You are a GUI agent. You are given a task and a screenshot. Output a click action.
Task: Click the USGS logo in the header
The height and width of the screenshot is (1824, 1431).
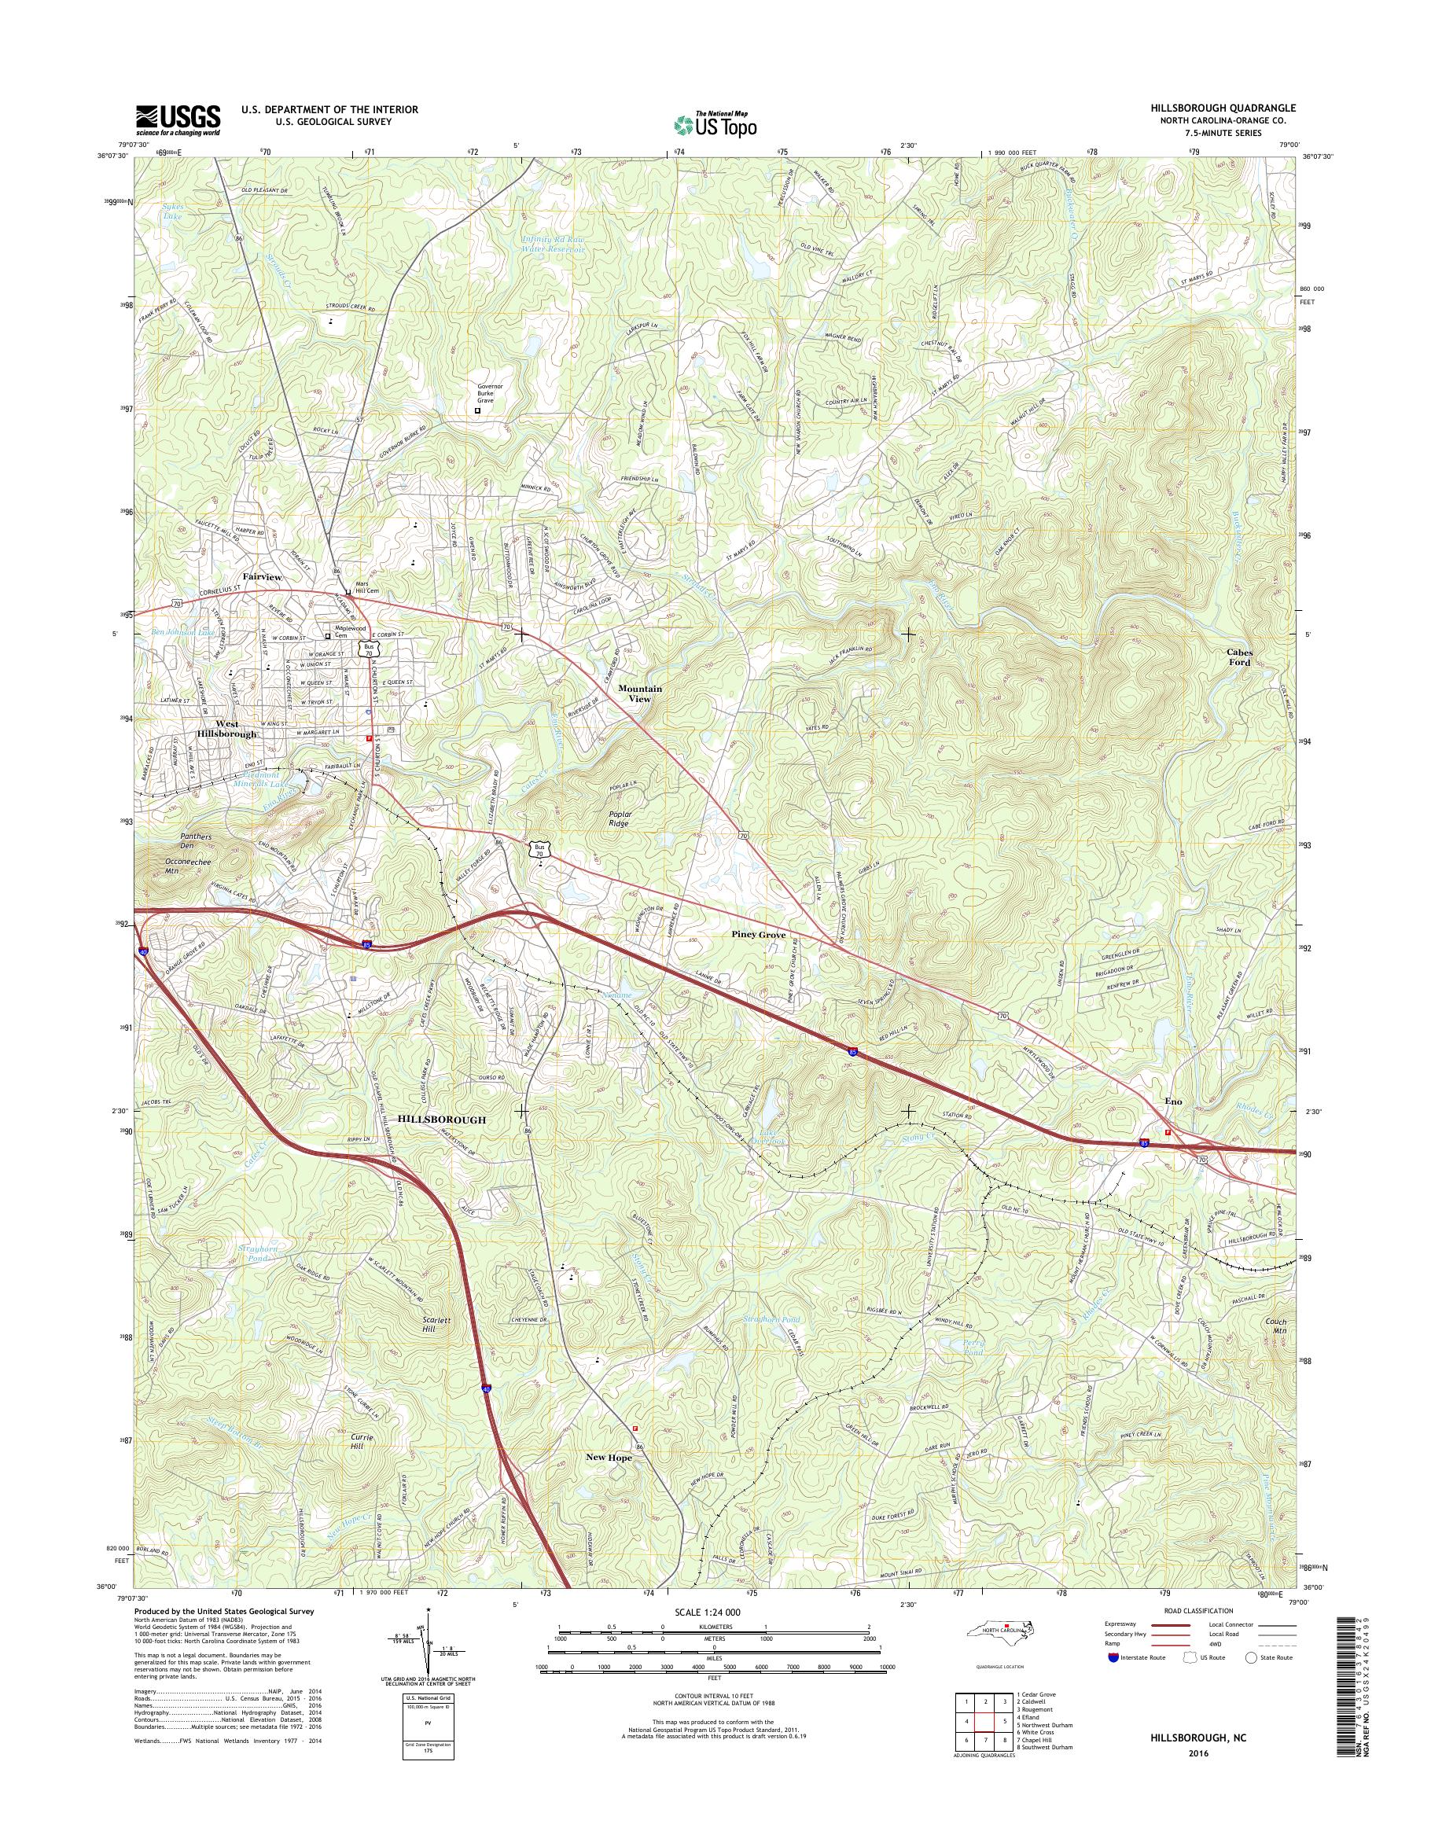coord(178,120)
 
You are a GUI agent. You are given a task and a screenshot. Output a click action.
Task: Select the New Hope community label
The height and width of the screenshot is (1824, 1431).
coord(609,1457)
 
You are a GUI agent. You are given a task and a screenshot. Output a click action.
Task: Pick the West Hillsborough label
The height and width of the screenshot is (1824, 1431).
coord(226,728)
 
